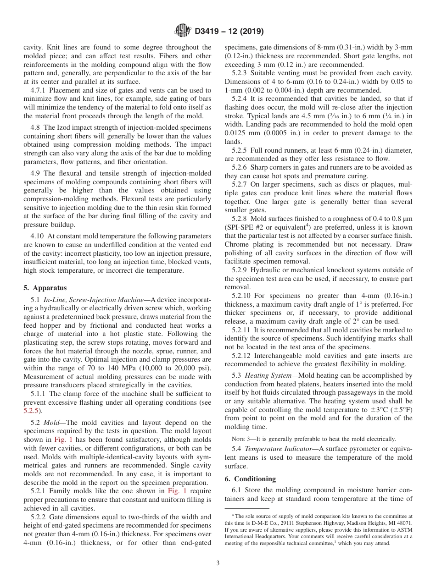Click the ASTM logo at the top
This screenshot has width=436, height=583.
tap(183, 31)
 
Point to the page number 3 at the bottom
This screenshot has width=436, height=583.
tap(218, 563)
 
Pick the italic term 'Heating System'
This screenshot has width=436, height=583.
tap(264, 375)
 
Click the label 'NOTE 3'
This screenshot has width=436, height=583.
tap(241, 439)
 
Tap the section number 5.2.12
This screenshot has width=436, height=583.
tap(243, 356)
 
